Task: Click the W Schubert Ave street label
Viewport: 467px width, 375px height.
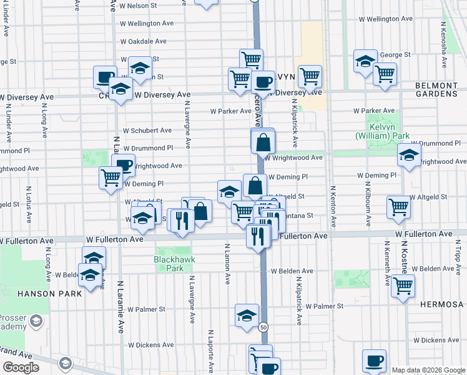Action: point(147,131)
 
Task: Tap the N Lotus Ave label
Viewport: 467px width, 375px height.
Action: point(28,204)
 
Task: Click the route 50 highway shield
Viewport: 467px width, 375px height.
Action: point(263,327)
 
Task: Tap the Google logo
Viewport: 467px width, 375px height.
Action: point(21,367)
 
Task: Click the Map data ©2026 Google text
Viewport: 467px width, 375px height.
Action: point(428,370)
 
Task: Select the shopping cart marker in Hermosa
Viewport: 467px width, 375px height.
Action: point(403,286)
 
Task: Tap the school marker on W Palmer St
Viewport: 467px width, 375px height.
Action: point(247,315)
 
